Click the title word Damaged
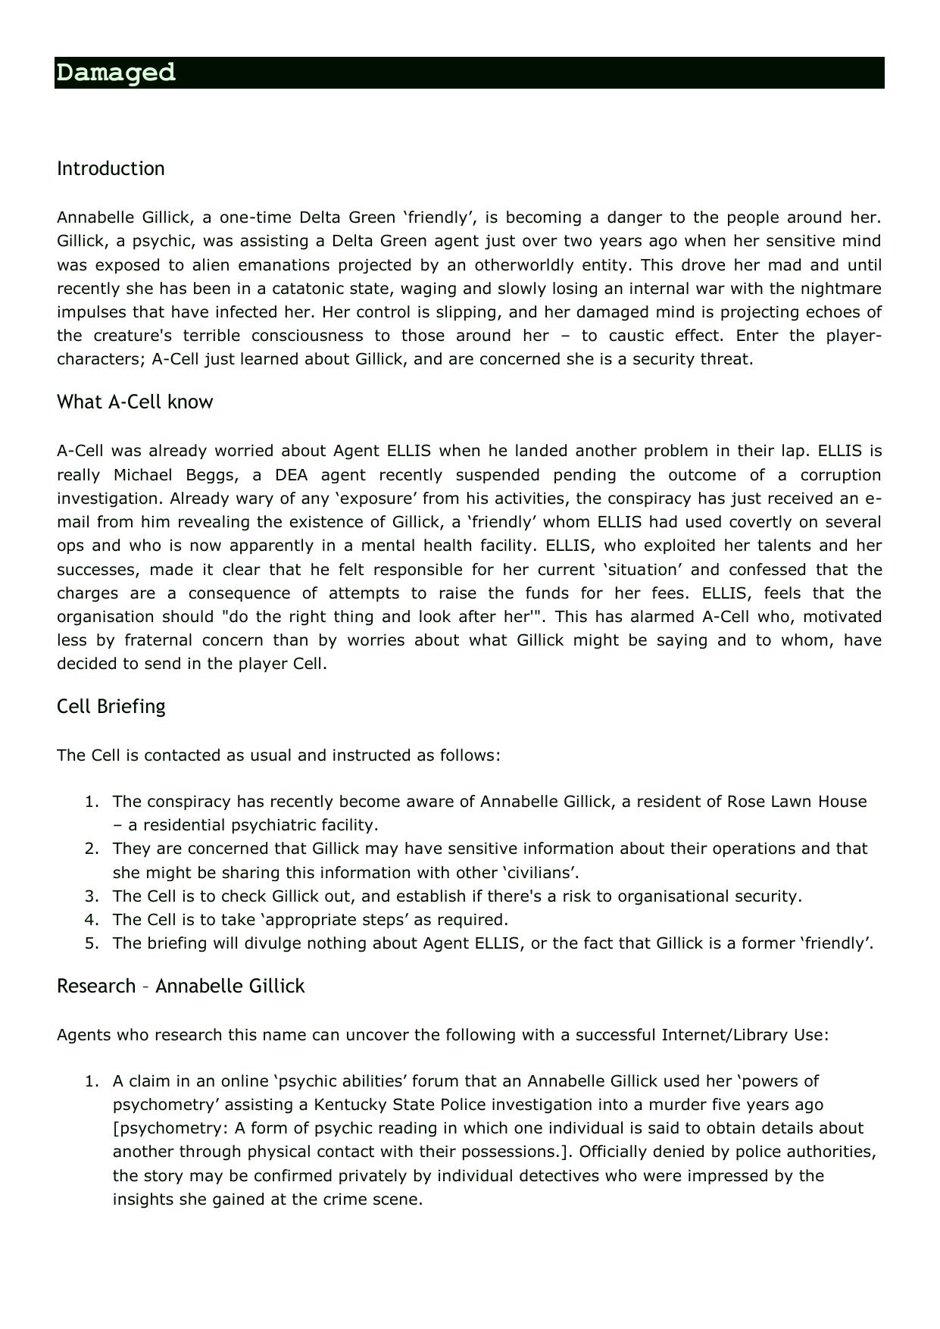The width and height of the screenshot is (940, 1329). point(116,73)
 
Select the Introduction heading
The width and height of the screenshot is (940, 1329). point(111,168)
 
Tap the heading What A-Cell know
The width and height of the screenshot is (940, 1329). point(135,402)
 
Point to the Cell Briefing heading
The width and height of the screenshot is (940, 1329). point(111,706)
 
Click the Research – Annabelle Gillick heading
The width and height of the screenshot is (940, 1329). point(180,986)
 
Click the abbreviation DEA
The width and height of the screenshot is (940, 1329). point(289,475)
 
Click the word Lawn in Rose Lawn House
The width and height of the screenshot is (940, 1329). point(789,802)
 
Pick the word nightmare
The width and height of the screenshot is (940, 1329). point(846,289)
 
